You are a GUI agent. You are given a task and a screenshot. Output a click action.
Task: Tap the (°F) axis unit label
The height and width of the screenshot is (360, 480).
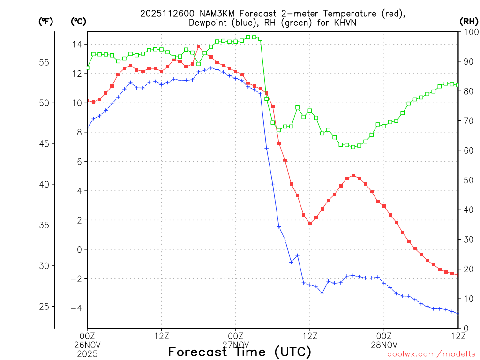click(46, 21)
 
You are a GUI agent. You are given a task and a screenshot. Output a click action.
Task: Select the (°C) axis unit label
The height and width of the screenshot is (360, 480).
click(78, 21)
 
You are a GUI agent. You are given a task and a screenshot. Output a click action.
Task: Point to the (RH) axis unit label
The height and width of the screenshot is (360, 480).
click(468, 21)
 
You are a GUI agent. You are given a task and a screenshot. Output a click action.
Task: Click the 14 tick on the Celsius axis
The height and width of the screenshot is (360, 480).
click(76, 44)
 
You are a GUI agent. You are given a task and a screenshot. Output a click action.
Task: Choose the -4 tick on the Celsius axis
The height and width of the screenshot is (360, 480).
click(75, 308)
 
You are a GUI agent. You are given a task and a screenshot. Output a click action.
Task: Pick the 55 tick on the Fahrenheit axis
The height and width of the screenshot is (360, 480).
click(45, 62)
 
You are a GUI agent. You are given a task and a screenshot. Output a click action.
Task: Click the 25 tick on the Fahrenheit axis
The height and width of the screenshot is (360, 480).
click(45, 307)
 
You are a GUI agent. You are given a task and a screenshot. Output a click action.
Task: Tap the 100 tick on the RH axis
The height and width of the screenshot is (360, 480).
click(470, 32)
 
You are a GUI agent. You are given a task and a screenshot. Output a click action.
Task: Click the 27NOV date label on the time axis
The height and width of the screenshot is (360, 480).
click(235, 344)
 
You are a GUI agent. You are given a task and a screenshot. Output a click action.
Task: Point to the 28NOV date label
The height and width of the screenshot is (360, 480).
click(384, 344)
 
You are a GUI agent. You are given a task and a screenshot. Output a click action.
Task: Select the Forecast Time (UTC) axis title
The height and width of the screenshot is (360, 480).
click(240, 352)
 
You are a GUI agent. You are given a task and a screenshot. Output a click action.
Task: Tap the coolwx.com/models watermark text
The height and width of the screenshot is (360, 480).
click(431, 354)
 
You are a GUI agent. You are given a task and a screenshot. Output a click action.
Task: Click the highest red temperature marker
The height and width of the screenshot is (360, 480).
click(199, 46)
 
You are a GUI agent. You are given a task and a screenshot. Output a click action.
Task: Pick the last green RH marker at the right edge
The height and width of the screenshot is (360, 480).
click(458, 85)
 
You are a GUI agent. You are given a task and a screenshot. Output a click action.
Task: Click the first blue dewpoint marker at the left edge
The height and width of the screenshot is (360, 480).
click(87, 127)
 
